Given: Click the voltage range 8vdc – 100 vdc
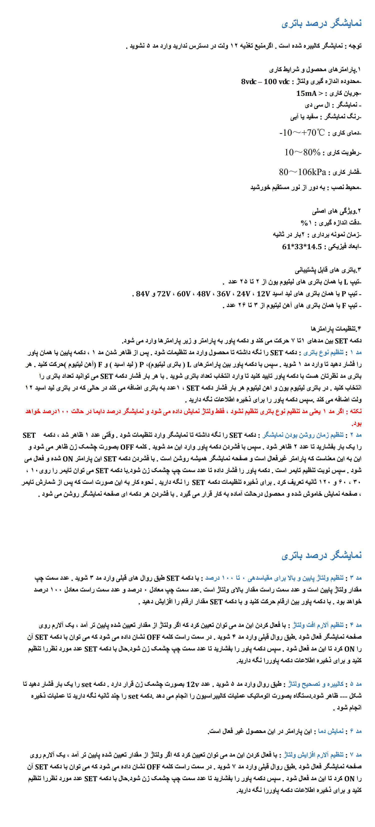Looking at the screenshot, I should tap(265, 81).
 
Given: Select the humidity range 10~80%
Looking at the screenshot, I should tap(302, 152).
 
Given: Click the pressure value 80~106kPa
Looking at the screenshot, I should tap(302, 172).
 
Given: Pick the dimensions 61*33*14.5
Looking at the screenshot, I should tap(302, 246).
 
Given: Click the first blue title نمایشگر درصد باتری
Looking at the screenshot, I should tap(322, 23).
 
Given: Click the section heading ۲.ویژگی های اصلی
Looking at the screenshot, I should tap(336, 211).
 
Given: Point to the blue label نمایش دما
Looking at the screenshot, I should tap(331, 731).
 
